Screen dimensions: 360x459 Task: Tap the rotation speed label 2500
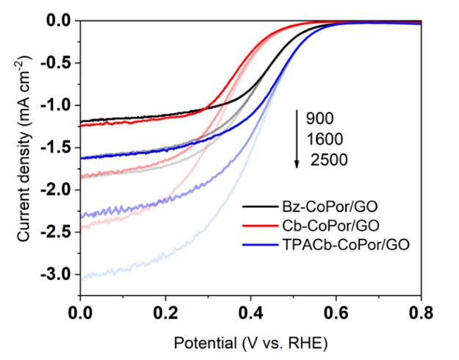pos(328,158)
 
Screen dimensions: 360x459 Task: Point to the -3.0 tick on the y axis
pos(61,274)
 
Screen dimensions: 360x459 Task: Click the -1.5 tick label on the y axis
pos(61,148)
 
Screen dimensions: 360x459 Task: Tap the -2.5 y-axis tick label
pos(61,232)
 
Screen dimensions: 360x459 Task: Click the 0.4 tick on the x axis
pos(250,312)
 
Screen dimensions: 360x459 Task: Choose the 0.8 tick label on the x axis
pos(421,312)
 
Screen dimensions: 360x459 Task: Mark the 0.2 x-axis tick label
pos(165,312)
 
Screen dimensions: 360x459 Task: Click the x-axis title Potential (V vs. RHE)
pos(250,342)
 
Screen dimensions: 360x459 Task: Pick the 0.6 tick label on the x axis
pos(336,312)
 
